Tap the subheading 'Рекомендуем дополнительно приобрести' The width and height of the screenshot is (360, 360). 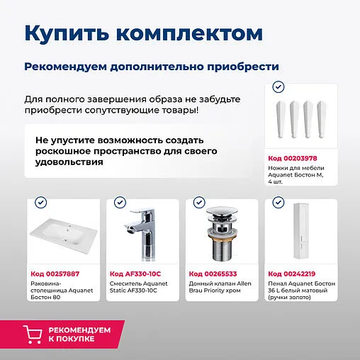click(x=151, y=66)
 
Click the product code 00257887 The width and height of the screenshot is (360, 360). click(x=55, y=274)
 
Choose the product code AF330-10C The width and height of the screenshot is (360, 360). click(x=136, y=274)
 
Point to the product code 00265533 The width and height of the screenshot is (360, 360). click(x=213, y=274)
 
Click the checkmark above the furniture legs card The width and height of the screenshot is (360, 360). click(x=279, y=86)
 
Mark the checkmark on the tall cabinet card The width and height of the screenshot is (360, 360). click(x=277, y=202)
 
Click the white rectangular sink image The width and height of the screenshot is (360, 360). click(x=62, y=237)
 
